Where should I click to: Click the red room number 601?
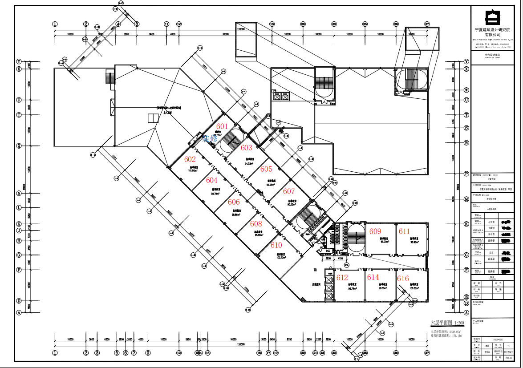click(222, 126)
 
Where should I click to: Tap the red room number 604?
click(212, 180)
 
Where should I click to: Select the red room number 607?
click(289, 191)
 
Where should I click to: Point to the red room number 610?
click(276, 245)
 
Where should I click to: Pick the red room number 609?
click(375, 231)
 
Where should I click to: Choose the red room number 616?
click(403, 279)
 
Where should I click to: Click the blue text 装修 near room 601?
click(210, 138)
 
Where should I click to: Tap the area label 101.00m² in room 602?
click(193, 170)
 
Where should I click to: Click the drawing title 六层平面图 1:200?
click(447, 323)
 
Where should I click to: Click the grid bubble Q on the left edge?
click(19, 146)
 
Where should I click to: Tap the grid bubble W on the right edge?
click(466, 89)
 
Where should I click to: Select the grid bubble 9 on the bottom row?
click(148, 353)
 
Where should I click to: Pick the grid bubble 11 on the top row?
click(166, 24)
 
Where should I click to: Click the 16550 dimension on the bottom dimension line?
click(233, 340)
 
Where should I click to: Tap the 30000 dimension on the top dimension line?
click(225, 34)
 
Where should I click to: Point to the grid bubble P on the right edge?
click(466, 174)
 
